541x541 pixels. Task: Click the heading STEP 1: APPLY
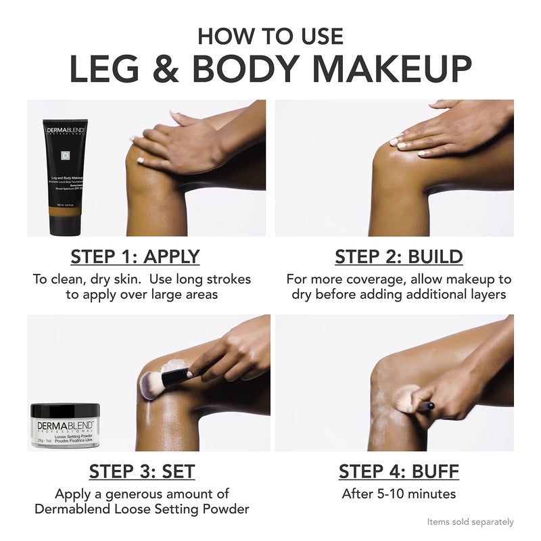(x=135, y=257)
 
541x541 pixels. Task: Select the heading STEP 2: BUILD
(x=399, y=257)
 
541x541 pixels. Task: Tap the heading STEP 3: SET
(x=142, y=471)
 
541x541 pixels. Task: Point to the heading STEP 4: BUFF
(x=399, y=471)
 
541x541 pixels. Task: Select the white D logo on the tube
(x=66, y=154)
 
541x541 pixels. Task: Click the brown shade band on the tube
(x=66, y=220)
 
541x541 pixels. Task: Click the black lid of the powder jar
(x=66, y=410)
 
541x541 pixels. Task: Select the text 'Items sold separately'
(x=470, y=522)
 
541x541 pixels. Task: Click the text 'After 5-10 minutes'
(x=399, y=494)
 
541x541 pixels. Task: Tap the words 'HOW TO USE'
(x=270, y=35)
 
